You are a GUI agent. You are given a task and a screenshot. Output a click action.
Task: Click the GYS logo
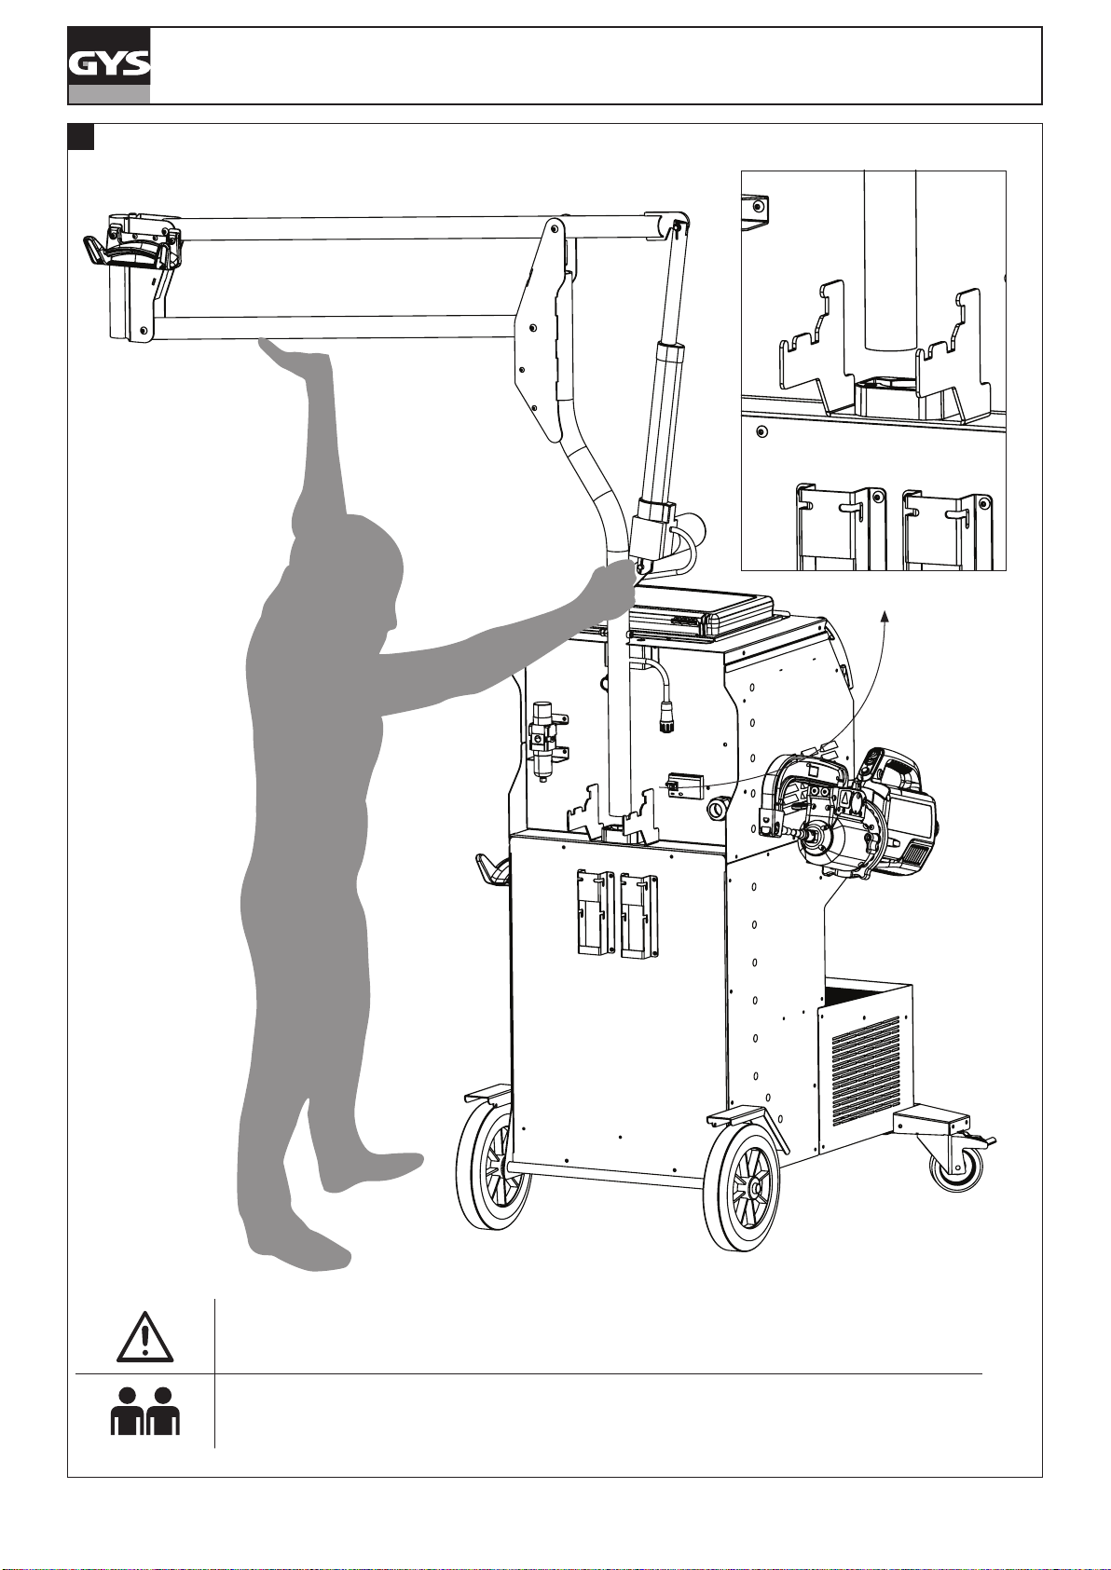109,66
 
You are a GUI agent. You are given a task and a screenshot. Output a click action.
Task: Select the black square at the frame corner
80,137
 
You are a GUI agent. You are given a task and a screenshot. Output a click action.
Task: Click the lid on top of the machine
701,611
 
